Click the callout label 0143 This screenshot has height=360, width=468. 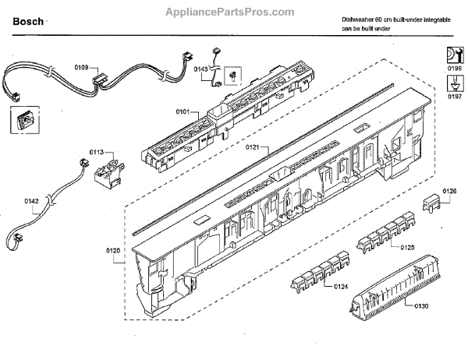point(200,69)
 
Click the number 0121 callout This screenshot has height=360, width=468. point(251,146)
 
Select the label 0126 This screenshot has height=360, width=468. point(449,191)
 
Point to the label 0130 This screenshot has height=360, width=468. point(421,305)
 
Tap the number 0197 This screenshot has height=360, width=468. point(453,99)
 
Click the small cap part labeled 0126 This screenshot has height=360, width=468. point(432,204)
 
